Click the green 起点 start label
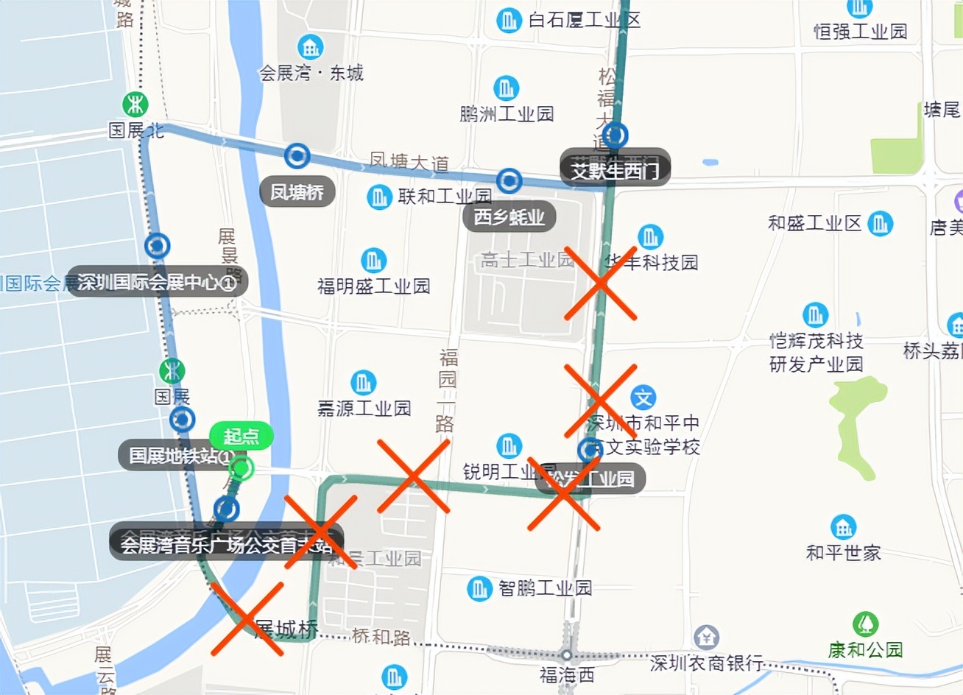tap(241, 437)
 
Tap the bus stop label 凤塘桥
tap(297, 192)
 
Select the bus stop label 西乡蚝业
tap(509, 217)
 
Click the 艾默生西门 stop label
tap(615, 170)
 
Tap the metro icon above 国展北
tap(135, 105)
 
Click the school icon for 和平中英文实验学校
tap(643, 398)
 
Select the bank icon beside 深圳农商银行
tap(706, 638)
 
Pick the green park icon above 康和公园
tap(866, 624)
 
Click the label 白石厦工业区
tap(585, 20)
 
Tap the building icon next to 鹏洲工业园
tap(506, 88)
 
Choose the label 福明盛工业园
tap(373, 286)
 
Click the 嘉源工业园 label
tap(364, 408)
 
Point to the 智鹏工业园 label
tap(545, 588)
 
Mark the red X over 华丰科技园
tap(601, 283)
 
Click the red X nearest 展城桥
tap(247, 618)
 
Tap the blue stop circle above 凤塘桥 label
tap(297, 155)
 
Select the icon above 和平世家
tap(844, 527)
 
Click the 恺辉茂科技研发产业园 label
tap(816, 352)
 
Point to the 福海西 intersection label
tap(566, 674)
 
